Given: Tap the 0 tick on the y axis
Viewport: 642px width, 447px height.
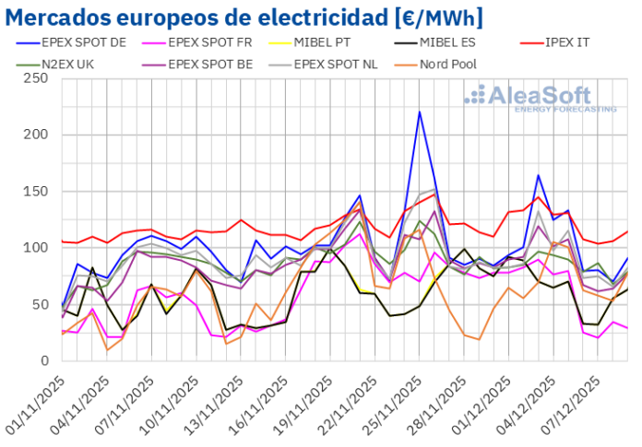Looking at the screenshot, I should click(43, 360).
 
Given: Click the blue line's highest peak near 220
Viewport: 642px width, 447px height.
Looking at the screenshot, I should click(420, 112).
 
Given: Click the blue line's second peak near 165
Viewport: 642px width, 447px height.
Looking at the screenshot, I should click(539, 175).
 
